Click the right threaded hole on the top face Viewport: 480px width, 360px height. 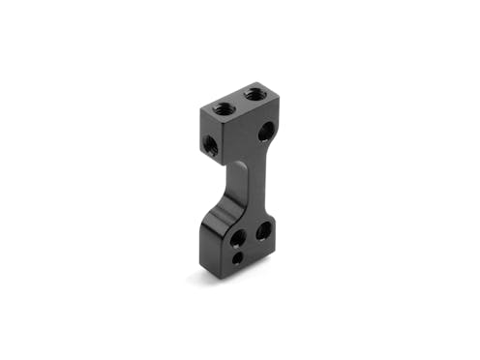coord(255,95)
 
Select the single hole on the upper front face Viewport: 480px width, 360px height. coord(264,133)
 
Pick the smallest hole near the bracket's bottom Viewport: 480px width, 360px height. coord(238,259)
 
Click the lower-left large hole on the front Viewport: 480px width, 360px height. coord(236,238)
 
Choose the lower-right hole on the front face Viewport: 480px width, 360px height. coord(261,231)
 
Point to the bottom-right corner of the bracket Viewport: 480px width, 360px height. coord(273,254)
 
